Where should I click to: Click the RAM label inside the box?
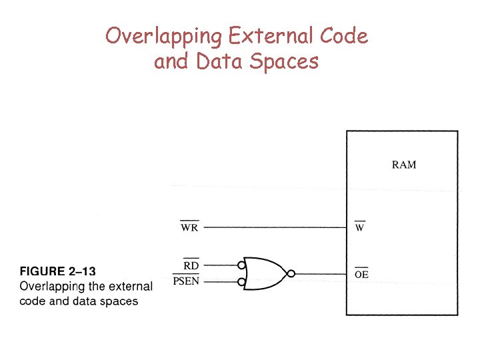coord(403,165)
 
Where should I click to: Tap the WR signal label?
coord(189,228)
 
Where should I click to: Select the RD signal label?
coord(191,265)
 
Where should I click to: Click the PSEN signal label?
coord(186,283)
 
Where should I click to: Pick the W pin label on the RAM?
coord(359,228)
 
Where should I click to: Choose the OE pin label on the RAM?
coord(361,274)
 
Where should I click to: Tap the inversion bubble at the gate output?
coord(291,273)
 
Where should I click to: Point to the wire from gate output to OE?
coord(320,273)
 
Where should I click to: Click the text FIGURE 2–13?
coord(58,272)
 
